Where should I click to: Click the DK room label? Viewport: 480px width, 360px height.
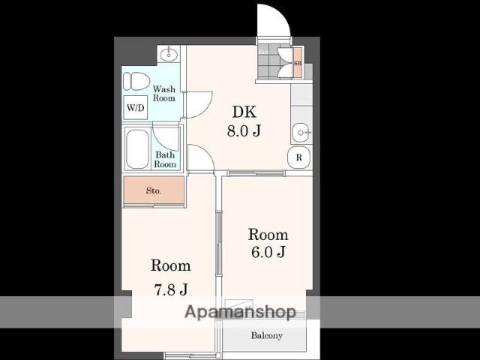click(x=244, y=112)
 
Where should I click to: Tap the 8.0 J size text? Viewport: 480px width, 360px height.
click(x=244, y=130)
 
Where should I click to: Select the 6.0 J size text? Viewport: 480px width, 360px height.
click(x=268, y=252)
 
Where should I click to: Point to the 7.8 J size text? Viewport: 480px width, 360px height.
click(x=170, y=289)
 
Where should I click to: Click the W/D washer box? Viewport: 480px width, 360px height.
click(x=135, y=108)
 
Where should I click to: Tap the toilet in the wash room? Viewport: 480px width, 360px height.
click(x=136, y=81)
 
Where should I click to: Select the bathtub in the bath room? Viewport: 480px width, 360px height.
click(x=137, y=149)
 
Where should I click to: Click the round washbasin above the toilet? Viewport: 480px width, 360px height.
click(x=168, y=55)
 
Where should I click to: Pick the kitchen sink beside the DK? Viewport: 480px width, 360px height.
click(x=301, y=133)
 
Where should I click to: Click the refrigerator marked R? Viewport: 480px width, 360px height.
click(x=299, y=157)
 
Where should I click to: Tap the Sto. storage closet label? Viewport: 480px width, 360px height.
click(x=154, y=190)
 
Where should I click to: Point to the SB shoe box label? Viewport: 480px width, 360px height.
click(x=298, y=63)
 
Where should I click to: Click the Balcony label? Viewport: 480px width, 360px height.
click(x=267, y=335)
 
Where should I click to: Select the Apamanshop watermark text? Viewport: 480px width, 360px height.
click(x=241, y=312)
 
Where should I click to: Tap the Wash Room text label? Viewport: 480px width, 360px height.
click(x=164, y=93)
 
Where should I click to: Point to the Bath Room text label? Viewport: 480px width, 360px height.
click(x=165, y=160)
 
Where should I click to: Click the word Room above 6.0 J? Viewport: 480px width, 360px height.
click(x=268, y=235)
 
